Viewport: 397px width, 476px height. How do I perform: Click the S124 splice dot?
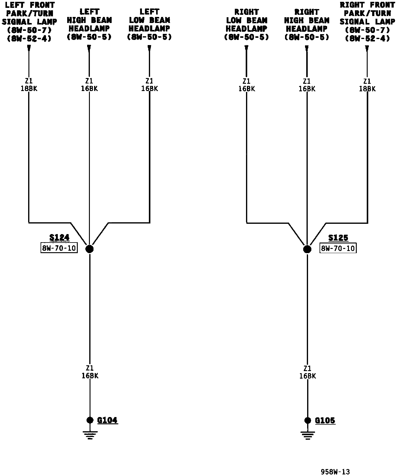(90, 249)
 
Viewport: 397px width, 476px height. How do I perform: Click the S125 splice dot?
(307, 249)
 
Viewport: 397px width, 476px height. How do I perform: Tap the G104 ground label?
(107, 420)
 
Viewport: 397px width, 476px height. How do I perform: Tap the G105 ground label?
(325, 420)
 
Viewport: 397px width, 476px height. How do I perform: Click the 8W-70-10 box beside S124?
(59, 248)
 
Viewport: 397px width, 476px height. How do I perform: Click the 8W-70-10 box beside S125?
(338, 248)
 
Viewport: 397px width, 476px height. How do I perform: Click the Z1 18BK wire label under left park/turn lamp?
(29, 85)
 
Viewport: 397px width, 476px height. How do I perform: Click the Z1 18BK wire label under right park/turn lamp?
(367, 85)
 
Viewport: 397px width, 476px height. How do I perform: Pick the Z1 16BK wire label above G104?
(90, 372)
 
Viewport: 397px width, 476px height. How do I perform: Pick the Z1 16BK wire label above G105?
(307, 372)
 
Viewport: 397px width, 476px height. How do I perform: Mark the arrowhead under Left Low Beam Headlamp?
(149, 47)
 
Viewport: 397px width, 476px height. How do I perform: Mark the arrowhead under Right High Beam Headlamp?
(307, 48)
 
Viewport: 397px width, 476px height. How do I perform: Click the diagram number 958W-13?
(335, 471)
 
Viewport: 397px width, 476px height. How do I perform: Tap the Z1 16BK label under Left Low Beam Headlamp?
(149, 85)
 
